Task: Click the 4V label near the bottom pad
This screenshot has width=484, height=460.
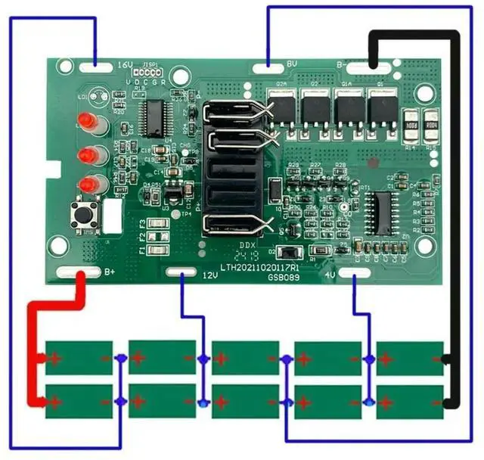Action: pos(330,275)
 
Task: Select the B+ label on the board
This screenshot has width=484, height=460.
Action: pos(110,272)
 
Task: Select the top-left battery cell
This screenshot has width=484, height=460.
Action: pos(79,358)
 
